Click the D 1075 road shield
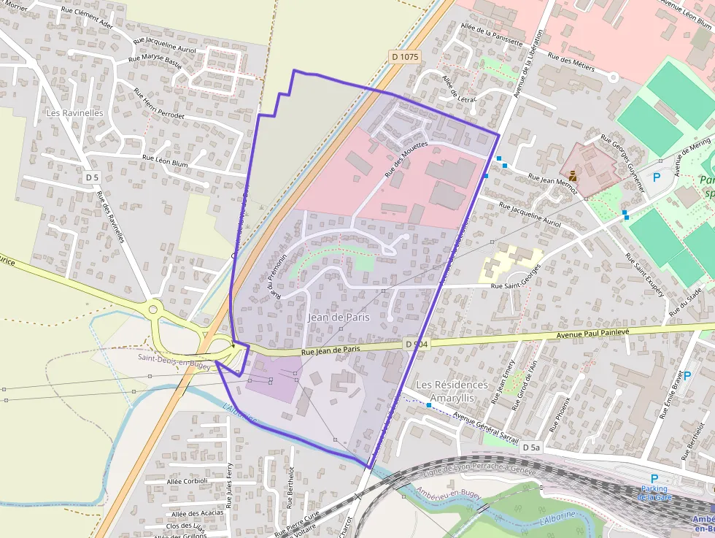tap(403, 56)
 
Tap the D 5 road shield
tap(91, 177)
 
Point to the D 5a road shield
tap(531, 447)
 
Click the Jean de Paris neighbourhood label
tap(339, 318)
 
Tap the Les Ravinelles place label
tap(74, 113)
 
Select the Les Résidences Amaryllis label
tap(452, 391)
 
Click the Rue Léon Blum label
tap(165, 161)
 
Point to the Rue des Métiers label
tap(571, 63)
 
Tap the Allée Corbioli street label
tap(188, 481)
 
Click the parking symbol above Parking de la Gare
tap(654, 478)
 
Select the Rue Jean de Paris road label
tap(331, 350)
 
